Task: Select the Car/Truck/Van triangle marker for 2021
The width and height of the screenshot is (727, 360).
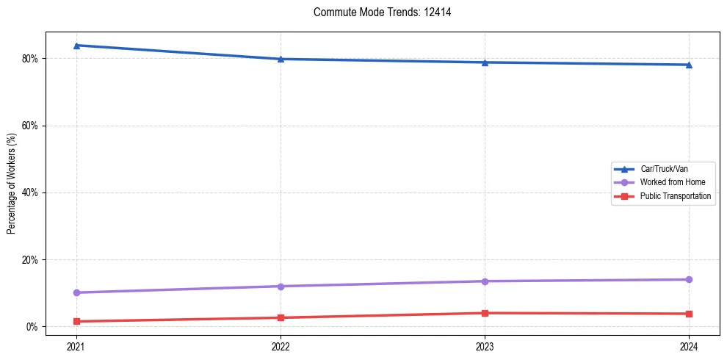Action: pyautogui.click(x=76, y=46)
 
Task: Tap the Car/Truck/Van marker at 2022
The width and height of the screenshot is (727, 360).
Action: pyautogui.click(x=281, y=59)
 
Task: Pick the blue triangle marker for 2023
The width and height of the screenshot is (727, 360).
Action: pyautogui.click(x=485, y=62)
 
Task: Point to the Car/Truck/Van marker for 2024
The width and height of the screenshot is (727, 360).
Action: pyautogui.click(x=689, y=65)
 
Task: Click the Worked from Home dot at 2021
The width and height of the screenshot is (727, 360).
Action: pyautogui.click(x=76, y=292)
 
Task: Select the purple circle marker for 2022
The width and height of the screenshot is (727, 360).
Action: pyautogui.click(x=281, y=286)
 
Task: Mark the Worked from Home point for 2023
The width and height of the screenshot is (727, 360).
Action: pyautogui.click(x=485, y=281)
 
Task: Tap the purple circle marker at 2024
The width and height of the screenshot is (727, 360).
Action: pyautogui.click(x=689, y=279)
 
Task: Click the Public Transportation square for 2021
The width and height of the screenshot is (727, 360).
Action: pyautogui.click(x=76, y=321)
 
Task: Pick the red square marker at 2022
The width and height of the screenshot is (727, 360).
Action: pyautogui.click(x=281, y=317)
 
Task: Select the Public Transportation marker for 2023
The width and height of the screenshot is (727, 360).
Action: pyautogui.click(x=485, y=313)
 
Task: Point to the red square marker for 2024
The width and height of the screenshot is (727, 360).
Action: pyautogui.click(x=689, y=314)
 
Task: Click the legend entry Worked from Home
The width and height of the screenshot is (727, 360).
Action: pyautogui.click(x=672, y=182)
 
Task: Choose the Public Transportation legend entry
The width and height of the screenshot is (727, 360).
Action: pyautogui.click(x=675, y=196)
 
